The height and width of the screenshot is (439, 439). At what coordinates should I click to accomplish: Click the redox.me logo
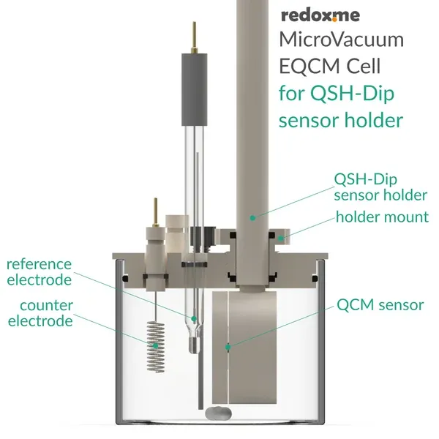[x=323, y=16]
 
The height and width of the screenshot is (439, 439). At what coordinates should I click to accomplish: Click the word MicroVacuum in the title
[x=342, y=41]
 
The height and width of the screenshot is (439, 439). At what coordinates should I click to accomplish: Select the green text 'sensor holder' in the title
[x=342, y=119]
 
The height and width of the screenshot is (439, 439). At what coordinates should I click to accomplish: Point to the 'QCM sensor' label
[x=381, y=305]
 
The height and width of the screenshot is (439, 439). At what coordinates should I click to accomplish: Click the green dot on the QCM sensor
[x=229, y=347]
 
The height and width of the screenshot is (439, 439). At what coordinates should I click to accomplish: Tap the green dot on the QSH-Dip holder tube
[x=251, y=217]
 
